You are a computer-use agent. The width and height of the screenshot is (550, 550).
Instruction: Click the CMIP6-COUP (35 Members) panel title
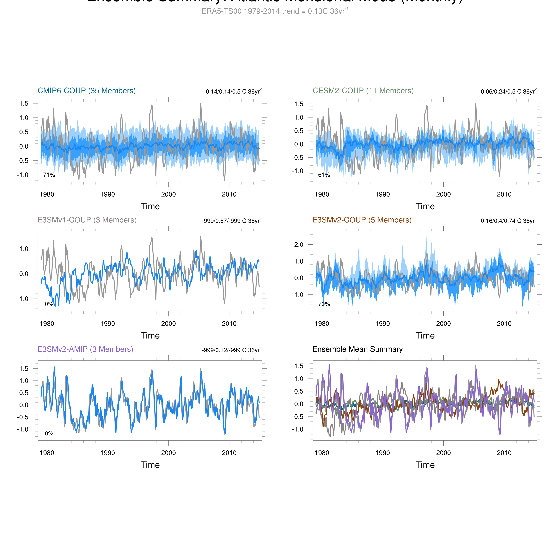(x=87, y=91)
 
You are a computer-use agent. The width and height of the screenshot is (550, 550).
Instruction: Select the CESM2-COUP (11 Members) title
(x=363, y=91)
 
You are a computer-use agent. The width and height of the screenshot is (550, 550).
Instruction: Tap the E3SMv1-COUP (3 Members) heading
(x=87, y=220)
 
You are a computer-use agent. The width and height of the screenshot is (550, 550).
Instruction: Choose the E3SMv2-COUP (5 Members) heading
(x=362, y=220)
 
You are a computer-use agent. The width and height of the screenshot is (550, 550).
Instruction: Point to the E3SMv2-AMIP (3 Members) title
(x=85, y=349)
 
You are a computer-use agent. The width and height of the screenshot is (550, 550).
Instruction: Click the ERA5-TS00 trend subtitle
(x=275, y=11)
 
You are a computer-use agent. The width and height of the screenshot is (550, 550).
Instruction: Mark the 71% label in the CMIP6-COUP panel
(x=49, y=175)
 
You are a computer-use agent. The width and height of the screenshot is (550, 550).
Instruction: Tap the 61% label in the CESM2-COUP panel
(x=324, y=175)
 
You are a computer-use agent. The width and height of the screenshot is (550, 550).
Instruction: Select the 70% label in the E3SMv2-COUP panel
(x=324, y=304)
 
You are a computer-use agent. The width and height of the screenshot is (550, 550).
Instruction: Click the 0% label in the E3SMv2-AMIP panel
(x=49, y=433)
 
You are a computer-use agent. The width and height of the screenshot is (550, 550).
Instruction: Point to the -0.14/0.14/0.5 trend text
(x=233, y=91)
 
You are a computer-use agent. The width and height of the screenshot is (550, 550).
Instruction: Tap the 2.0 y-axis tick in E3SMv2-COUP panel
(x=299, y=245)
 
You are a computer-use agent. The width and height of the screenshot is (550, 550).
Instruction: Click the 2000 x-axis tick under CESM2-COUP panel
(x=443, y=194)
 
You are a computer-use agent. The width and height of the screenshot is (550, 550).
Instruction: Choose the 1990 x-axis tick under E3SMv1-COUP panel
(x=108, y=324)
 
